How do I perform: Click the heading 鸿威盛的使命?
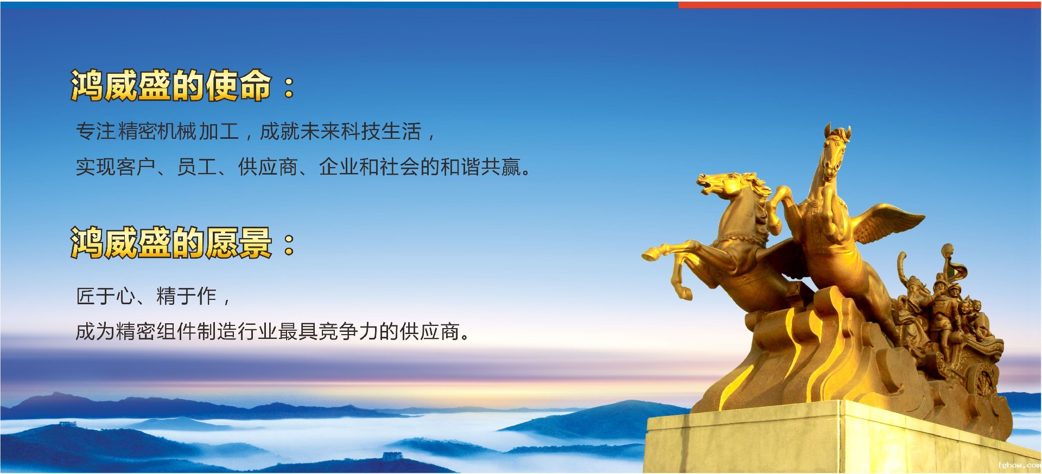click(170, 86)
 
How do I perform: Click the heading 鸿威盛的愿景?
click(170, 242)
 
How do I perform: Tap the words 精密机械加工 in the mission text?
click(178, 132)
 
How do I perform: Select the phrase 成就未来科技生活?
click(340, 132)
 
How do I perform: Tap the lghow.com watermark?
click(1019, 465)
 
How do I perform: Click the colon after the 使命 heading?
click(289, 87)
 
